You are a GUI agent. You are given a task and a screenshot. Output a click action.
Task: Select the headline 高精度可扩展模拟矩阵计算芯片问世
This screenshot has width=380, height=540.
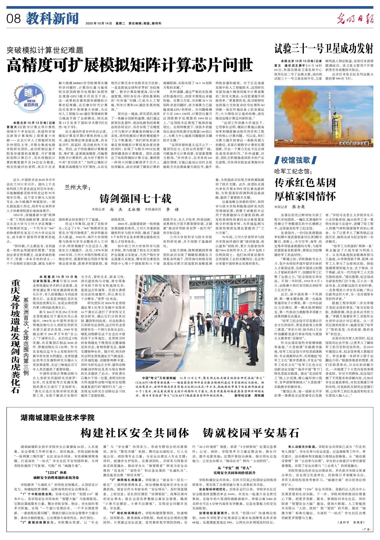(x=130, y=64)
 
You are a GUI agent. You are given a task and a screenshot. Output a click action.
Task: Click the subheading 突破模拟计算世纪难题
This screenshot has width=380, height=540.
(x=45, y=50)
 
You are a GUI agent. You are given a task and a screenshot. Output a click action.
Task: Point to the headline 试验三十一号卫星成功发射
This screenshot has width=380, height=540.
(x=324, y=48)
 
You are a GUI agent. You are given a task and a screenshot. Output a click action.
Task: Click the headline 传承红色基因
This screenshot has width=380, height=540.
(x=305, y=183)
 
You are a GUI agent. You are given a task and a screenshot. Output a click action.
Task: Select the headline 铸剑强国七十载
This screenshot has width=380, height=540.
(x=135, y=199)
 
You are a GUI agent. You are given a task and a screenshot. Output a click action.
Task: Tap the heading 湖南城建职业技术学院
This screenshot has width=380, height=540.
(x=58, y=417)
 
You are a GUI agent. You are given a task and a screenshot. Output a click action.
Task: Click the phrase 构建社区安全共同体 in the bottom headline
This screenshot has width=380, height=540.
(x=135, y=433)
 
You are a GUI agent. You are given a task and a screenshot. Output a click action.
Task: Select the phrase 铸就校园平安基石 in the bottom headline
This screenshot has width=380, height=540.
(x=251, y=433)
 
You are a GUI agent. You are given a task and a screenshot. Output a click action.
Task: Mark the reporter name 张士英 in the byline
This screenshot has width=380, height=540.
(x=298, y=207)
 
